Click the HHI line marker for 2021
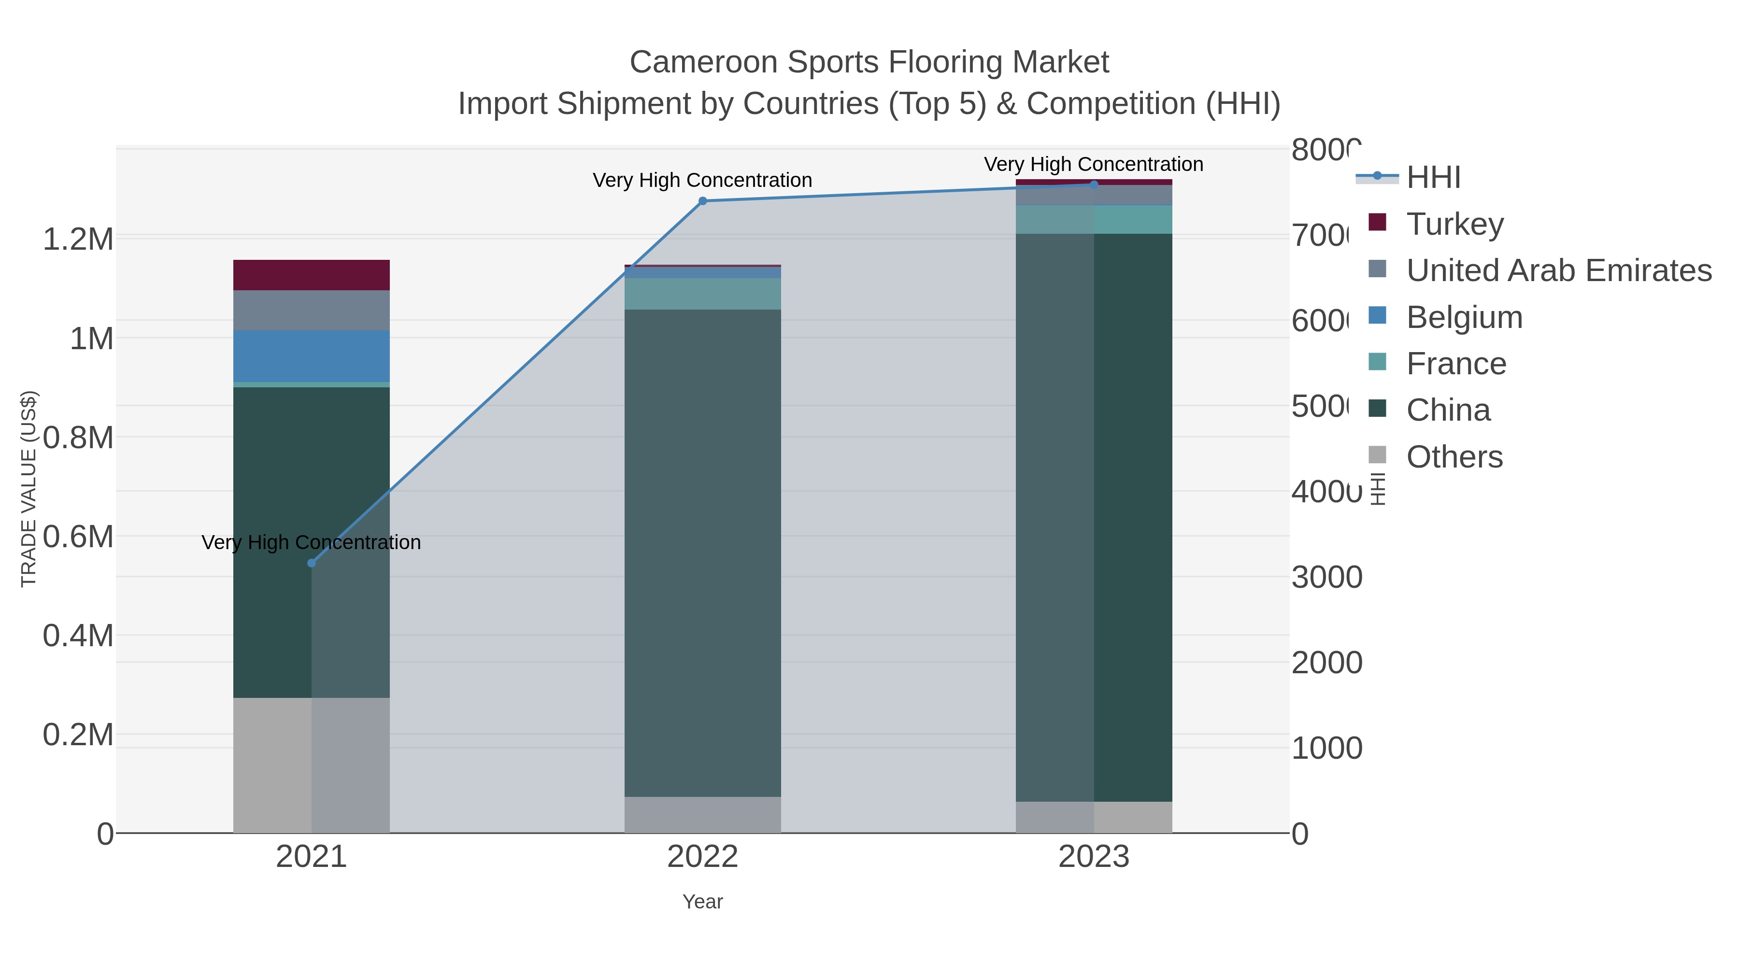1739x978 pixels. click(311, 563)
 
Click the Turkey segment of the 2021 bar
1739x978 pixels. click(311, 275)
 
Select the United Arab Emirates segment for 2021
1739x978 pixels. click(311, 311)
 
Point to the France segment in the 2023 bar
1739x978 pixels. click(1094, 219)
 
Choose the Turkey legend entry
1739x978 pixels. click(1455, 224)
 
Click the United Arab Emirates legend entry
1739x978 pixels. click(1558, 270)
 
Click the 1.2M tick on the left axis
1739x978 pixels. click(78, 239)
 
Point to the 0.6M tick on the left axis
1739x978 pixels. click(78, 537)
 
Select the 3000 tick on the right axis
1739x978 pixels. click(1326, 577)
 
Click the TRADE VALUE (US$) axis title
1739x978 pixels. click(29, 489)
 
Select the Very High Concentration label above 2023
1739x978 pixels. click(1093, 164)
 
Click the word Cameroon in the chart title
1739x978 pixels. click(703, 62)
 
